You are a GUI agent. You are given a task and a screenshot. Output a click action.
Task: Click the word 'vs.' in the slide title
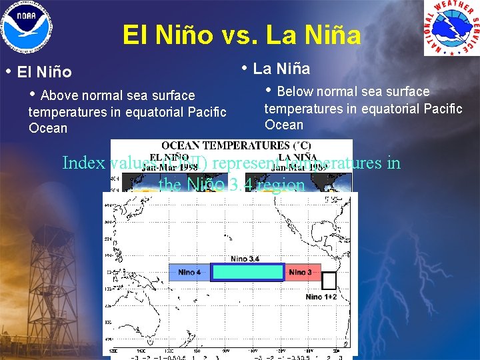pyautogui.click(x=237, y=35)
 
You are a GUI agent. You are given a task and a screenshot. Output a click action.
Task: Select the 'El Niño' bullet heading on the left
pyautogui.click(x=45, y=71)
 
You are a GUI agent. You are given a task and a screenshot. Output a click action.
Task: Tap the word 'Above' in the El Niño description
pyautogui.click(x=59, y=96)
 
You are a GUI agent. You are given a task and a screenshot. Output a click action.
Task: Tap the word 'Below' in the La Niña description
pyautogui.click(x=295, y=92)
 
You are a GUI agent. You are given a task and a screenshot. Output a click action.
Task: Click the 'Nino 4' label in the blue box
pyautogui.click(x=189, y=272)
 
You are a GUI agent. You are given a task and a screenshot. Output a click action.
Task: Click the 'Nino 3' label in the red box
pyautogui.click(x=301, y=272)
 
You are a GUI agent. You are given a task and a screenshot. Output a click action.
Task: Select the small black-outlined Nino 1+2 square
pyautogui.click(x=329, y=281)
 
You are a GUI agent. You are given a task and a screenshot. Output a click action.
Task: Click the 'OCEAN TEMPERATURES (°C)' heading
pyautogui.click(x=231, y=147)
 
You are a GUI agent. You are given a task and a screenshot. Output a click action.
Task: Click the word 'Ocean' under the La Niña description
pyautogui.click(x=284, y=125)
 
